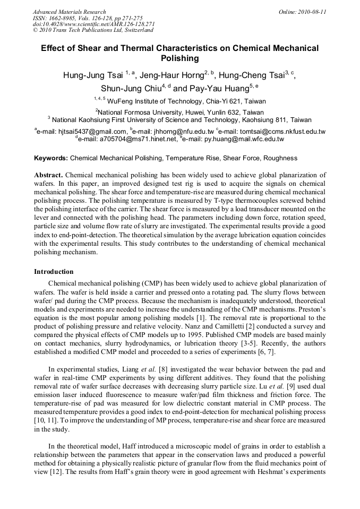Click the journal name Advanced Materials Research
tap(69, 12)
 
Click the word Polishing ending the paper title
tap(179, 58)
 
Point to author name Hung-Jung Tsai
tap(93, 75)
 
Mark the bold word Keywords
tap(51, 158)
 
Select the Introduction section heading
tap(54, 272)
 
